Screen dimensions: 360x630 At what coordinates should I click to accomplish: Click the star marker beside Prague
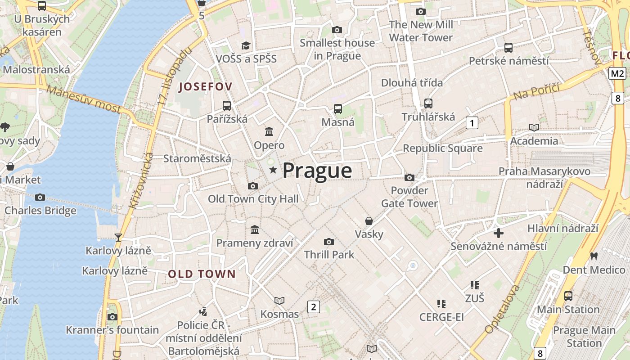click(x=273, y=170)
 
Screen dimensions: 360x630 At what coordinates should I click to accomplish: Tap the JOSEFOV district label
click(x=206, y=87)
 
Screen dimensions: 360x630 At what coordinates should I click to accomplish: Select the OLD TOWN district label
click(x=202, y=274)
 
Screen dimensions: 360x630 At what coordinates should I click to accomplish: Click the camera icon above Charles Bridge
click(x=40, y=197)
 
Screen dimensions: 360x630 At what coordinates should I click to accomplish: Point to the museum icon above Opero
click(x=269, y=131)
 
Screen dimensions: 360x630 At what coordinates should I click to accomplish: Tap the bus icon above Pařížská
click(x=227, y=106)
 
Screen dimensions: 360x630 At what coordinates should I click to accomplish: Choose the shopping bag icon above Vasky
click(x=369, y=221)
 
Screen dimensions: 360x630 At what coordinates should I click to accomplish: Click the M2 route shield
click(x=618, y=73)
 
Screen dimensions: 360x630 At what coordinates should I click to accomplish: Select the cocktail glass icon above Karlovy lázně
click(x=118, y=237)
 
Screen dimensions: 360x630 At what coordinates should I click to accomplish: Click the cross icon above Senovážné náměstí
click(x=499, y=233)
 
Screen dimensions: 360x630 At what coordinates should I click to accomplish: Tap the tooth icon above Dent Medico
click(x=594, y=256)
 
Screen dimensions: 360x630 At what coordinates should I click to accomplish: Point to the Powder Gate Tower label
click(x=409, y=197)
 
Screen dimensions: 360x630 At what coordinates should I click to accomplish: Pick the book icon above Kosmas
click(x=279, y=301)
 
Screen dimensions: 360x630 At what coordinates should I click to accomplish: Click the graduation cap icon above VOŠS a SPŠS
click(x=246, y=45)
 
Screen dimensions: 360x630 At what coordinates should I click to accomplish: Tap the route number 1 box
click(x=472, y=122)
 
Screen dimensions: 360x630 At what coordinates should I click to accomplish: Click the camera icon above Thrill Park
click(x=329, y=242)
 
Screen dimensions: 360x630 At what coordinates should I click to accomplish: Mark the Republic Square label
click(x=442, y=148)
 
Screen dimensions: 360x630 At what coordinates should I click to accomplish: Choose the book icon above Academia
click(x=534, y=127)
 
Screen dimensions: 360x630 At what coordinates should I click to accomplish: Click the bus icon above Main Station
click(x=568, y=296)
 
